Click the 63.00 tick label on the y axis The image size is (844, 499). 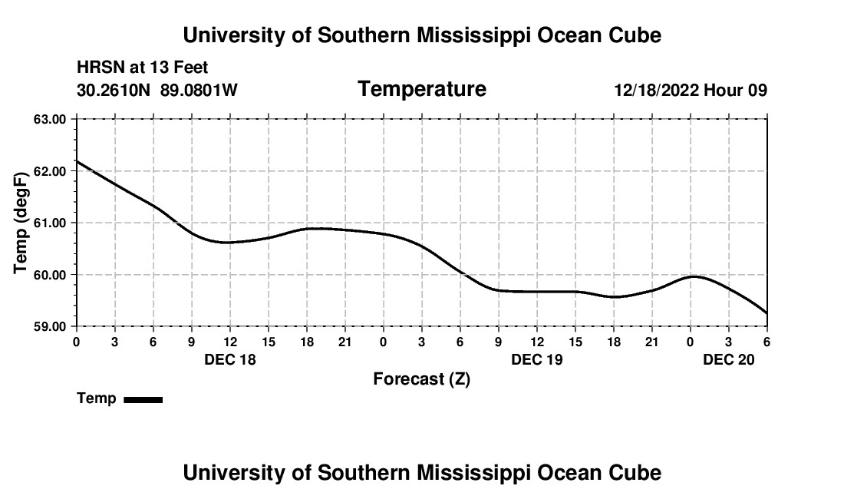(50, 119)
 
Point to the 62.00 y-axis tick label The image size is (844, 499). (50, 171)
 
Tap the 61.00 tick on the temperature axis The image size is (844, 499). (50, 223)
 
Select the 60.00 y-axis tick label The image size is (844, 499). (50, 275)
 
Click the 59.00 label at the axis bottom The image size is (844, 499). (50, 326)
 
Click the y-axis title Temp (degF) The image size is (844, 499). (21, 223)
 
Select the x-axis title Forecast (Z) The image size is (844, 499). (421, 379)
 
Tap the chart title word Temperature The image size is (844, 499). (422, 89)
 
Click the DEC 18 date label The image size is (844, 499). (230, 359)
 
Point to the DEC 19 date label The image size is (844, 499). (537, 359)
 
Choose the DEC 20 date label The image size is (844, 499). (729, 359)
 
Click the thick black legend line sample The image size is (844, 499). (143, 399)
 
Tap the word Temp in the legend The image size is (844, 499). (97, 398)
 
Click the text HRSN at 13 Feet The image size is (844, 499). (142, 68)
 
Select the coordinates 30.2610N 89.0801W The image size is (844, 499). (157, 91)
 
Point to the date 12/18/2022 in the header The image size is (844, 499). (656, 91)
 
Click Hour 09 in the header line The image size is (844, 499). (736, 91)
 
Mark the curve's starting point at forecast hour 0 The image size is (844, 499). (77, 161)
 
